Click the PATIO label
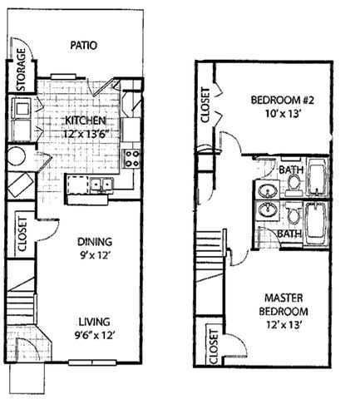pyautogui.click(x=83, y=45)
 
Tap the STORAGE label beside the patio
pyautogui.click(x=21, y=70)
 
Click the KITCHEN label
pyautogui.click(x=86, y=121)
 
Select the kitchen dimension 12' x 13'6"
pyautogui.click(x=86, y=134)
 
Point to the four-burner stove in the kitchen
pyautogui.click(x=131, y=159)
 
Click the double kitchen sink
pyautogui.click(x=101, y=184)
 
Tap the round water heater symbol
pyautogui.click(x=17, y=156)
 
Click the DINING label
pyautogui.click(x=95, y=242)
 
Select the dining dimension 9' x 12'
pyautogui.click(x=95, y=255)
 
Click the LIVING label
pyautogui.click(x=94, y=322)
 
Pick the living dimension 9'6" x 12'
pyautogui.click(x=94, y=336)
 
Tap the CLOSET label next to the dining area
pyautogui.click(x=22, y=234)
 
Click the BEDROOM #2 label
pyautogui.click(x=282, y=100)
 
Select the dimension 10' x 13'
pyautogui.click(x=284, y=114)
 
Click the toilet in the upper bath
pyautogui.click(x=294, y=185)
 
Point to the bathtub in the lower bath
pyautogui.click(x=316, y=224)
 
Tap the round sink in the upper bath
pyautogui.click(x=268, y=190)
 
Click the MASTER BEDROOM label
pyautogui.click(x=284, y=304)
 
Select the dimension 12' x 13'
pyautogui.click(x=284, y=324)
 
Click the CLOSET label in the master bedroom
pyautogui.click(x=214, y=347)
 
